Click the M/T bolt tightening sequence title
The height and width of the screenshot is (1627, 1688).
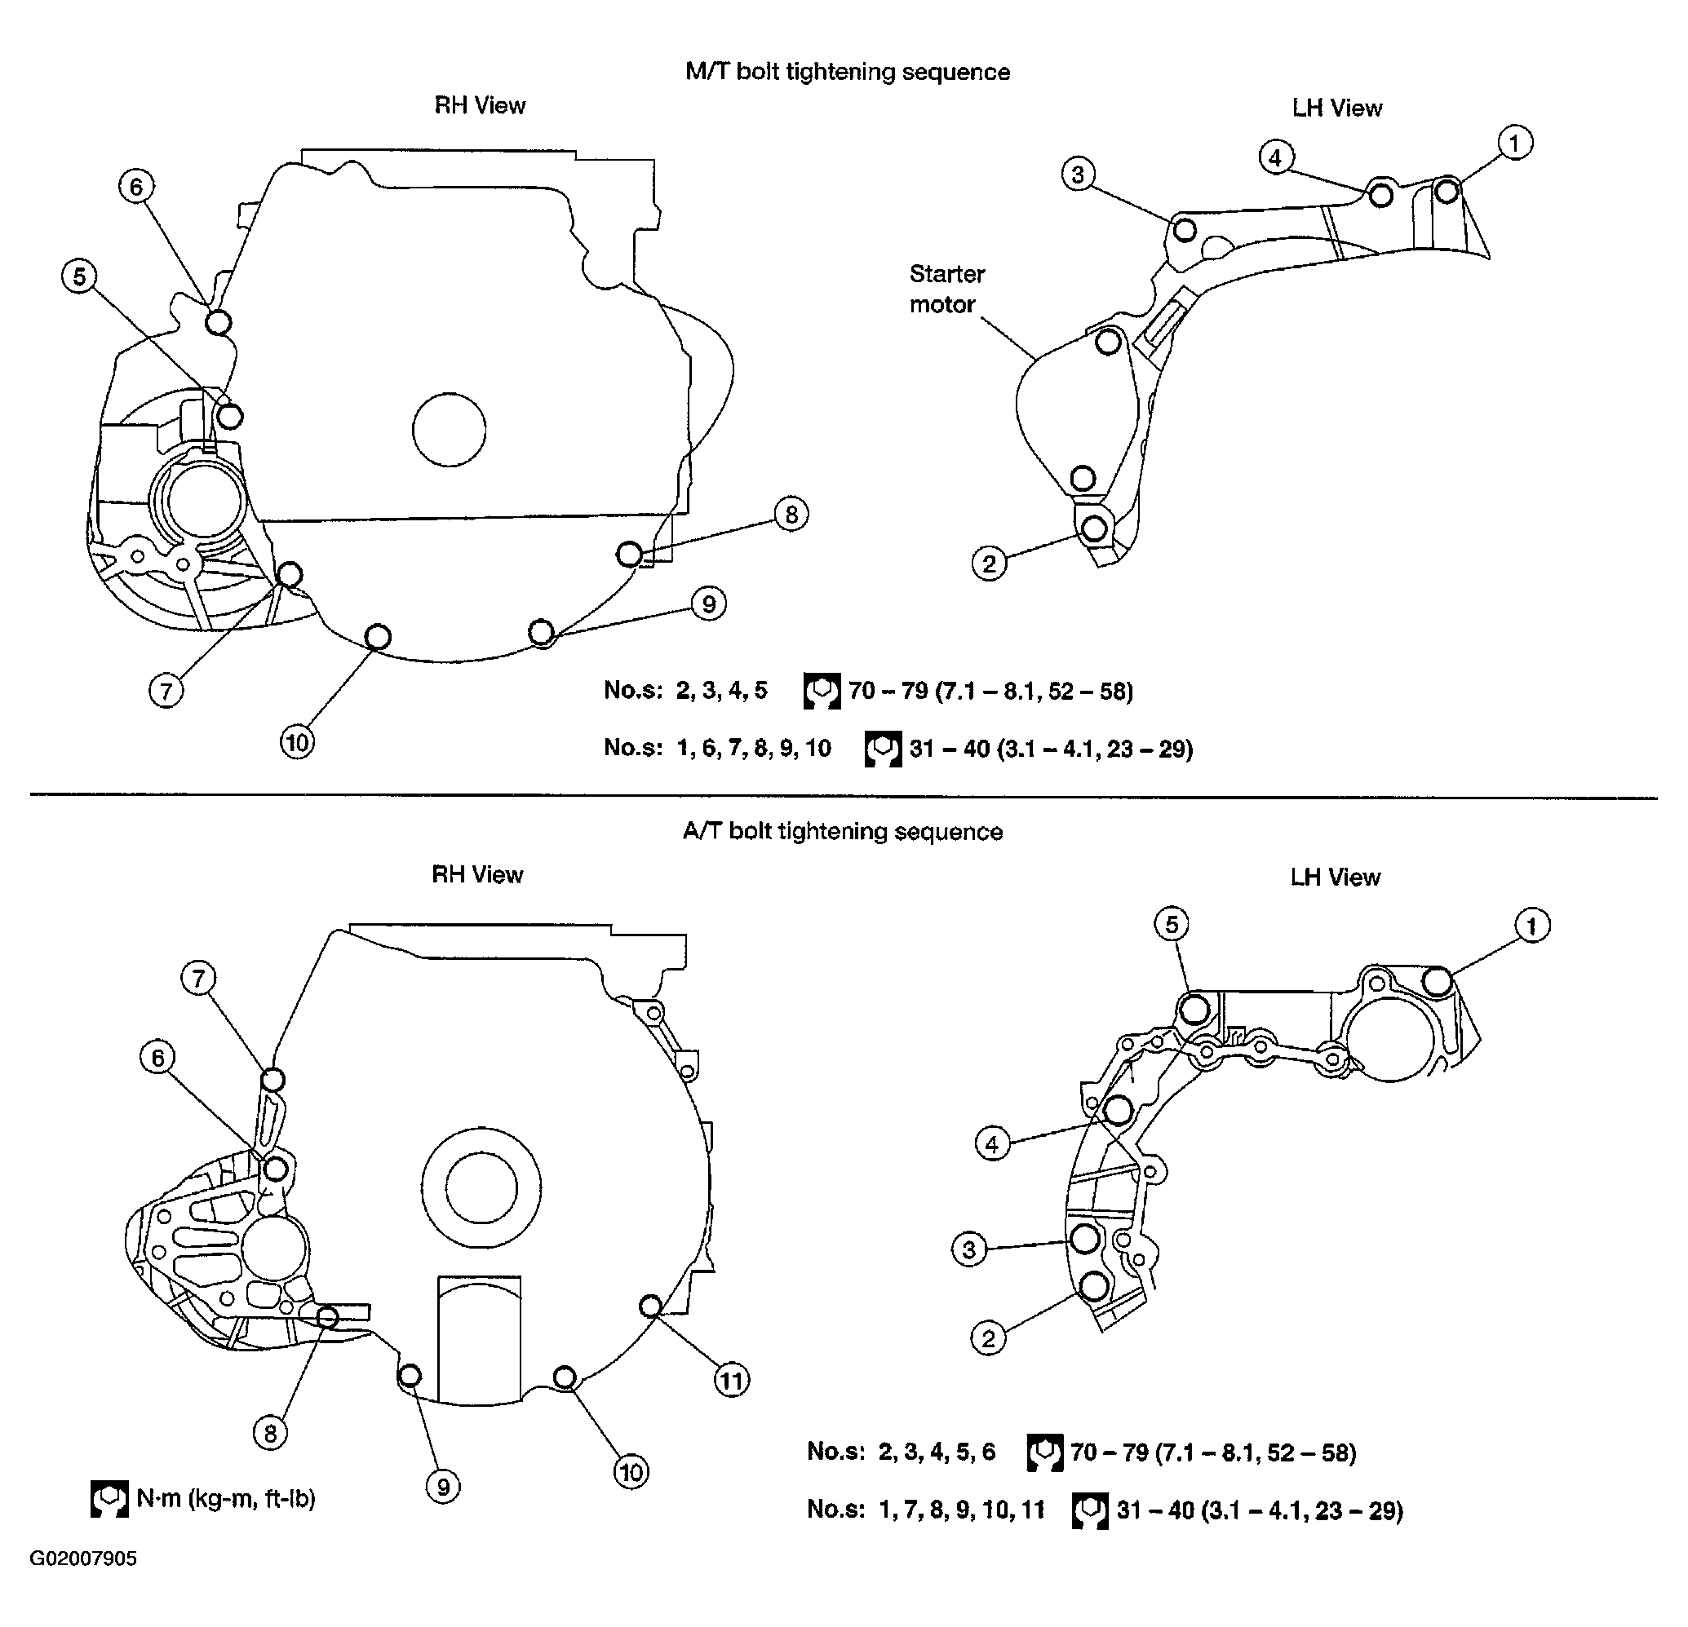click(848, 72)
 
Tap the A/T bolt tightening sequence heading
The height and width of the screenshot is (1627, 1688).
click(842, 832)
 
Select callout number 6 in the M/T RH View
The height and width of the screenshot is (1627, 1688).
click(136, 186)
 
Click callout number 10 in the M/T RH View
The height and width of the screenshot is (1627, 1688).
click(297, 742)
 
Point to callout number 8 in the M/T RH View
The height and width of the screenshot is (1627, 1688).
click(791, 515)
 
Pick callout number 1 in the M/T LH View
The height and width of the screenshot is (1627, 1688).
click(1515, 142)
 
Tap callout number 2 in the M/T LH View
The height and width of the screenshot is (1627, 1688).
click(989, 564)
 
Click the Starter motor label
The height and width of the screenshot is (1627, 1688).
click(946, 290)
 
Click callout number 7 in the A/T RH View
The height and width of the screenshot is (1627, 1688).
click(199, 978)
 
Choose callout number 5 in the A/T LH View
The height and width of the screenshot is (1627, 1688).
click(1172, 925)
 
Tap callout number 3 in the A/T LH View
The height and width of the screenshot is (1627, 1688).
click(969, 1249)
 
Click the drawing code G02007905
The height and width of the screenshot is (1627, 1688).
click(83, 1559)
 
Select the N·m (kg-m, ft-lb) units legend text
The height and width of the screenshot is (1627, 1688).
click(226, 1499)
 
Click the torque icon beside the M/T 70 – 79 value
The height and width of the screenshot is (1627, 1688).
click(822, 692)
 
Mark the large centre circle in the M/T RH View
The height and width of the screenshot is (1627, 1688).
click(449, 430)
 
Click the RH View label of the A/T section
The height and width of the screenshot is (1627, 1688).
click(477, 874)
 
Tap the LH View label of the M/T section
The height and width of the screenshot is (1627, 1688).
click(1336, 108)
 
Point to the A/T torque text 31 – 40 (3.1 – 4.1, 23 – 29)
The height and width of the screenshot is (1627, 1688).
click(1260, 1510)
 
